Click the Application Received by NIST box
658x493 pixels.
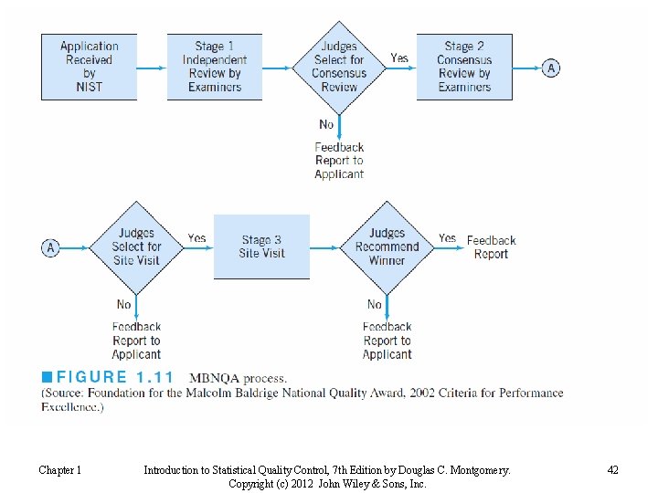click(x=89, y=67)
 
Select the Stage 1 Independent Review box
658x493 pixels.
click(x=214, y=67)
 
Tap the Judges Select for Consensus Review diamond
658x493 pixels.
click(x=339, y=67)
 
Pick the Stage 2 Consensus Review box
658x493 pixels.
click(x=464, y=67)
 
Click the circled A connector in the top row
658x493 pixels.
click(x=551, y=68)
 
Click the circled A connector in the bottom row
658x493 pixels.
click(x=51, y=247)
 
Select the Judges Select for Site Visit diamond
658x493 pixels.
click(x=136, y=246)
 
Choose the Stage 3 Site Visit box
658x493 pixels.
click(x=261, y=246)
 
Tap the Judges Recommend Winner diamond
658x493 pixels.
click(x=387, y=246)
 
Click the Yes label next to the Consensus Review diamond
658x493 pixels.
click(x=399, y=58)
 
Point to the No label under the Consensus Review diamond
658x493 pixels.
click(x=326, y=124)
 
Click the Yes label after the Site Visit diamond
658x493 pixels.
click(x=196, y=238)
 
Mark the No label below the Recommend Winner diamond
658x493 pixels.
click(x=375, y=304)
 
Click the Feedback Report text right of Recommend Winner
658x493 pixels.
click(x=491, y=247)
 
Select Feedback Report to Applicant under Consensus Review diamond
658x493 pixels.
click(x=339, y=161)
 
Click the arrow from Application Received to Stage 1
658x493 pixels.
click(x=152, y=68)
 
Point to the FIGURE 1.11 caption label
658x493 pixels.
click(x=114, y=377)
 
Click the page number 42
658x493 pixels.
click(x=612, y=470)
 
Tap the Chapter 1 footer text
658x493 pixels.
click(x=59, y=470)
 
